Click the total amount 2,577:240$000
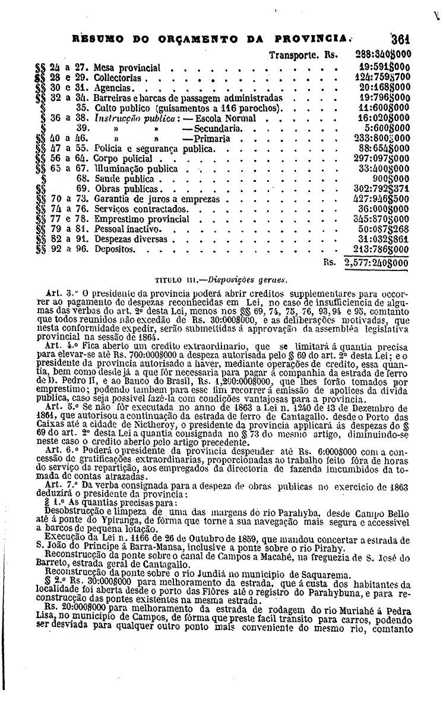point(372,262)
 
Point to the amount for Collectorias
point(381,78)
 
